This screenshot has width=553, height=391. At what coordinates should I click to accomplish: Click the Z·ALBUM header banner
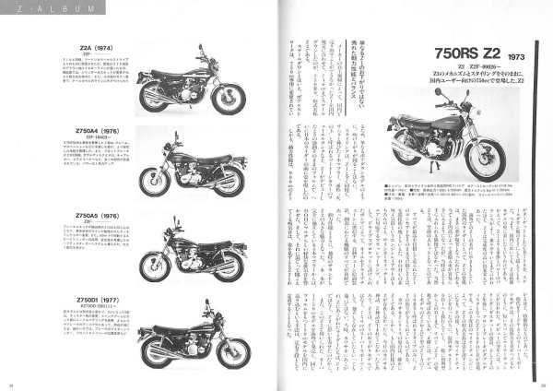coord(41,11)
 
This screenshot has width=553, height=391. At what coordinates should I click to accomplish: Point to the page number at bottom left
coord(12,385)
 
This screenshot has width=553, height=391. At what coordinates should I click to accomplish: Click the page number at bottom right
coord(543,385)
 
